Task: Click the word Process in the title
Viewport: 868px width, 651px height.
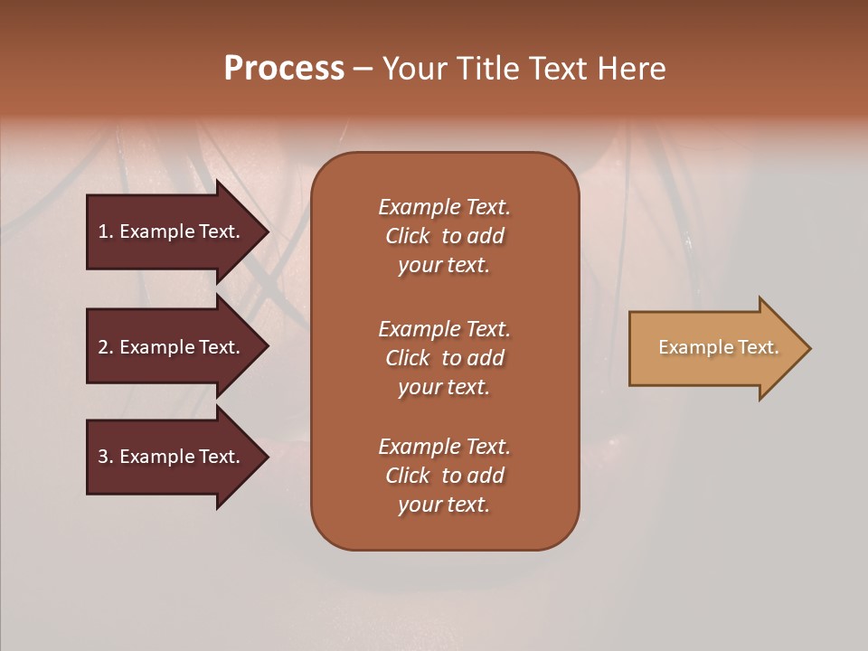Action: [284, 69]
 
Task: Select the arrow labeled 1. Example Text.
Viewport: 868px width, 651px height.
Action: [172, 231]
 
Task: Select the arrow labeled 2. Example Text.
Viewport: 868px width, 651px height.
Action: [172, 347]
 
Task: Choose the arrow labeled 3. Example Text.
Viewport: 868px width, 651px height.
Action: [172, 457]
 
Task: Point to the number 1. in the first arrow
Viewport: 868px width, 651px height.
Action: [106, 231]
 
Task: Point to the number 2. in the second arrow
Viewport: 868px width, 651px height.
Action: [106, 347]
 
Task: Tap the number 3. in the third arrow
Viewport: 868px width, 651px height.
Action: [106, 457]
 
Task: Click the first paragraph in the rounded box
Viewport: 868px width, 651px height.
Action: [444, 236]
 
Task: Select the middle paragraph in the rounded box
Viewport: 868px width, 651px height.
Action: [444, 358]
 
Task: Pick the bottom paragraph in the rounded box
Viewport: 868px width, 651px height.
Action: [444, 476]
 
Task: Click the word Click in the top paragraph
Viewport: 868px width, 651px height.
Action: [408, 236]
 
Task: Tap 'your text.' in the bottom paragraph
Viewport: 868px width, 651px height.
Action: [444, 505]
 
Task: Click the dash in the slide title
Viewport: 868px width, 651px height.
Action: [363, 69]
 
